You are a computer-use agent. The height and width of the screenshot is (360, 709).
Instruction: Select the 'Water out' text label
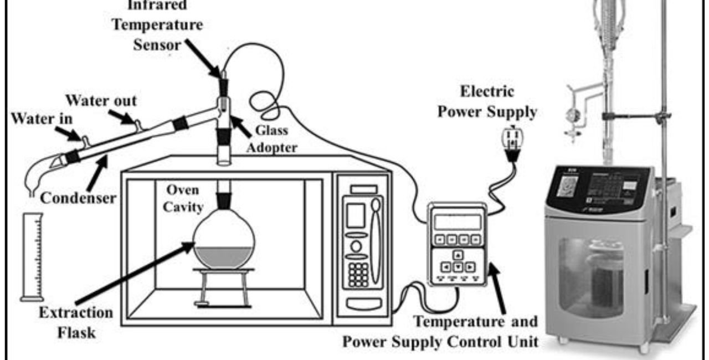[101, 101]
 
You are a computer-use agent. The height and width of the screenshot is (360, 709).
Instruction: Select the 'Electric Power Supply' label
[487, 101]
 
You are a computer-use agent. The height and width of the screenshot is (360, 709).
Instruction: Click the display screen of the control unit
[458, 222]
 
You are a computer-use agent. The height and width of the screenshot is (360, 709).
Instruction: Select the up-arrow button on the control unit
[458, 255]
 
